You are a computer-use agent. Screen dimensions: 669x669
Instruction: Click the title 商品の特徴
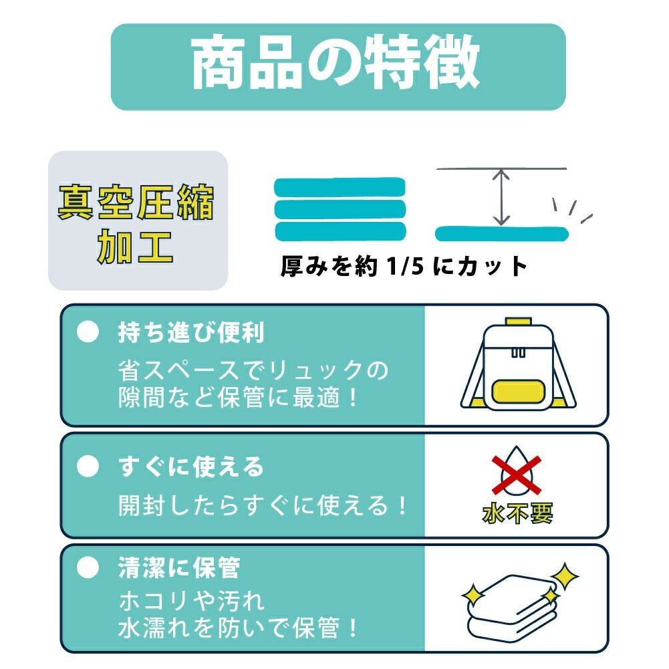tap(336, 62)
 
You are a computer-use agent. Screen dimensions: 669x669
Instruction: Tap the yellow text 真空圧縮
tap(136, 203)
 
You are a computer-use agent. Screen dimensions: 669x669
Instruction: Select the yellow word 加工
tap(135, 247)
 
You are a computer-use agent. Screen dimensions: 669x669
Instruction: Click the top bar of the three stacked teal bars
tap(340, 187)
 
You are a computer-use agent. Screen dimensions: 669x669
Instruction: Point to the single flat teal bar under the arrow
tap(502, 234)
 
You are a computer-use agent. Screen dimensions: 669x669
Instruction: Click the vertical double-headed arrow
tap(501, 197)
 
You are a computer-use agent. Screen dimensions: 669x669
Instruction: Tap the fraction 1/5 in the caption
tap(405, 266)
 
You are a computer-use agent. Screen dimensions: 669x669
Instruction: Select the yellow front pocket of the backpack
tap(517, 391)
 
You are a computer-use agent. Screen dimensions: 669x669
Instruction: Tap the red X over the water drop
tap(517, 475)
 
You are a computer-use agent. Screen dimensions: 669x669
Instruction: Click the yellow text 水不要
tap(517, 513)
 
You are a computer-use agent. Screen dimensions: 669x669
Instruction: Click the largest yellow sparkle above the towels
tap(565, 576)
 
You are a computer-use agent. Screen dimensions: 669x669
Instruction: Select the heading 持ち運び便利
tap(191, 332)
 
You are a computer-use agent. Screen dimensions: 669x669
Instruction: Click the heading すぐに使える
tap(191, 466)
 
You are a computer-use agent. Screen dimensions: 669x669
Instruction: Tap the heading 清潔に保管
tap(178, 567)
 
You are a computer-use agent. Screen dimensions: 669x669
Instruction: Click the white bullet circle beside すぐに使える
tap(88, 466)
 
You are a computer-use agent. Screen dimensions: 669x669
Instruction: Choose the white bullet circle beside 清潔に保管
tap(88, 567)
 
